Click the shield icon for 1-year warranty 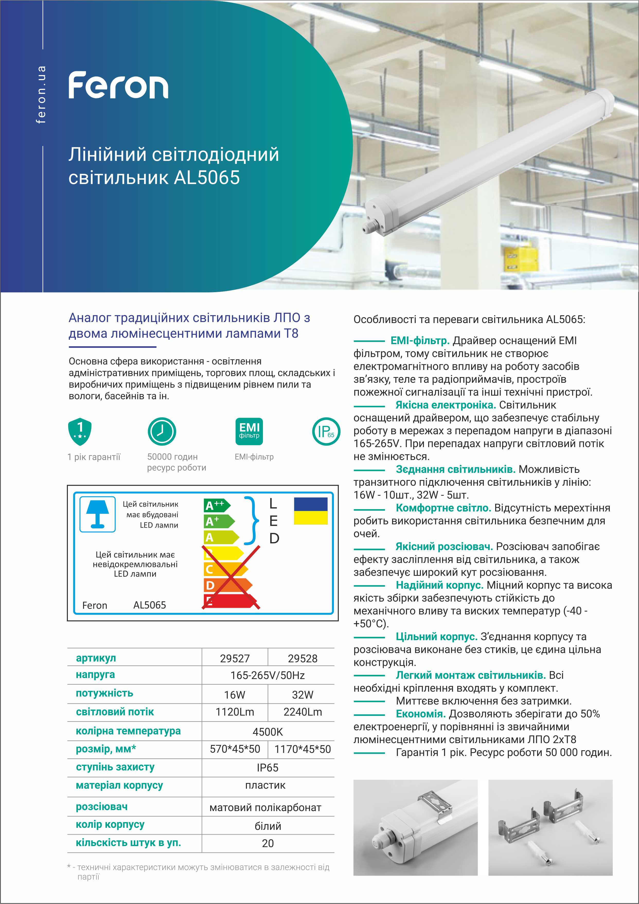pyautogui.click(x=80, y=431)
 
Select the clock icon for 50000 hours pyautogui.click(x=162, y=431)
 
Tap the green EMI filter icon pyautogui.click(x=250, y=431)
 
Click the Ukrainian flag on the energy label pyautogui.click(x=310, y=511)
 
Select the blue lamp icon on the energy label pyautogui.click(x=97, y=514)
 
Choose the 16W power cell pyautogui.click(x=235, y=695)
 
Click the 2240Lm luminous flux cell pyautogui.click(x=302, y=712)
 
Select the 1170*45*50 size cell pyautogui.click(x=302, y=749)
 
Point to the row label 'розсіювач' pyautogui.click(x=102, y=807)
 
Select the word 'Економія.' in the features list pyautogui.click(x=421, y=714)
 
